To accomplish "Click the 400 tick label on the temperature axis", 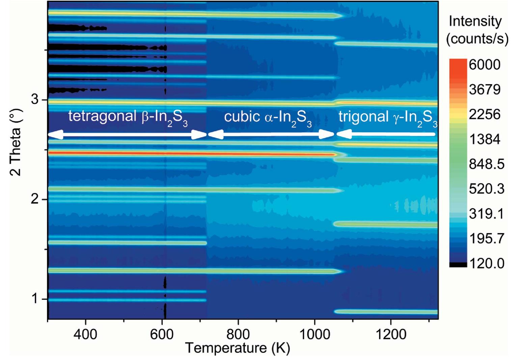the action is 86,334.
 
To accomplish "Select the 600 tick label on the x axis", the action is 162,334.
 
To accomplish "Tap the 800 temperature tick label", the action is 238,334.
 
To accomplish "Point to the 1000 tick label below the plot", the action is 315,334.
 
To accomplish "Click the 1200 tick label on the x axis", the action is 391,334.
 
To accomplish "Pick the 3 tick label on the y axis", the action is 35,100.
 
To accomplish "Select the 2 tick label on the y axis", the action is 35,199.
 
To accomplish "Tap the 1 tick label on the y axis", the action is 35,299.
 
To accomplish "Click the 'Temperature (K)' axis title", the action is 238,348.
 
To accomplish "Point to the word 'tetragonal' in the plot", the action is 102,116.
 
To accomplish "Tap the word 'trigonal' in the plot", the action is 363,117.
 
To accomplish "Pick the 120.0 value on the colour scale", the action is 487,263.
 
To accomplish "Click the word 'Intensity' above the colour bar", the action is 475,21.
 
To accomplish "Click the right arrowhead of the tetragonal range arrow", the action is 199,135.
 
